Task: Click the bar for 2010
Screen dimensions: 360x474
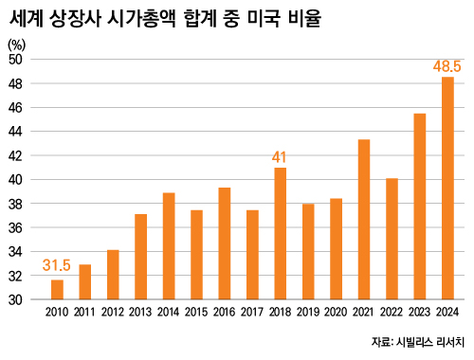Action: [57, 290]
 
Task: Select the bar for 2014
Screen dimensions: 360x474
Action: [169, 246]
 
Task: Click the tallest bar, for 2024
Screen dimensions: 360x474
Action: [447, 189]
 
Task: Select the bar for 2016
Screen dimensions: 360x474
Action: [225, 243]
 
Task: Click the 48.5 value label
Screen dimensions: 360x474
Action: [447, 67]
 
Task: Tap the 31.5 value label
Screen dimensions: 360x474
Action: [56, 265]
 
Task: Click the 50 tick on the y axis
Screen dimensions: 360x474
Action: [16, 59]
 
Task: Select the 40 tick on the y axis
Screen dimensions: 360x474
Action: [16, 180]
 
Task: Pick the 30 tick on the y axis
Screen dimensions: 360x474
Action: [16, 300]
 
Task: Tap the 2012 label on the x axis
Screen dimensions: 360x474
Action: [113, 313]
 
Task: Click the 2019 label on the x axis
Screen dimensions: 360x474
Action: [308, 313]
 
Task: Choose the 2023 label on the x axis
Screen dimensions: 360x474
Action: [420, 313]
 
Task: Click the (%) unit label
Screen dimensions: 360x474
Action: [17, 44]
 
